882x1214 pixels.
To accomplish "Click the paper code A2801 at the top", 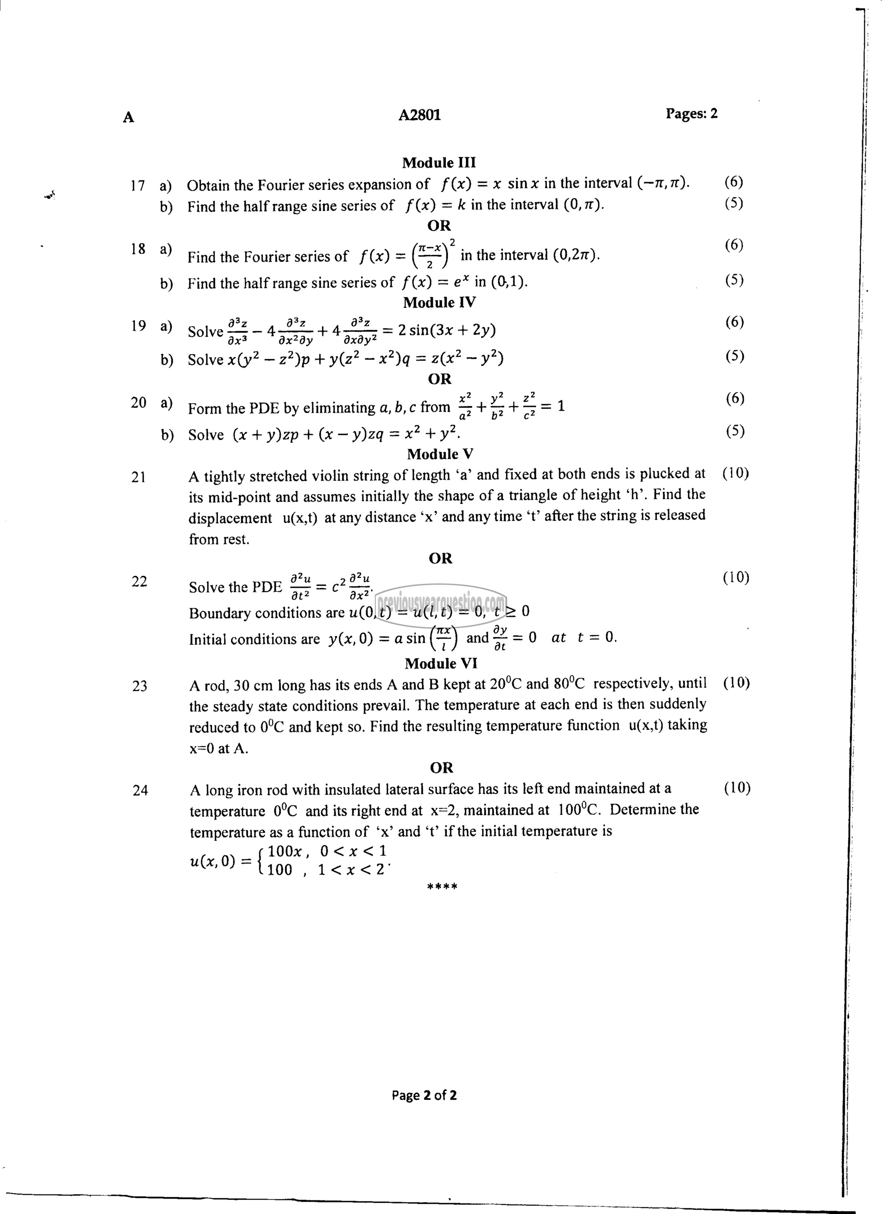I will pyautogui.click(x=419, y=115).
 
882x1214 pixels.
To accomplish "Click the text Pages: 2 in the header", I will pyautogui.click(x=691, y=113).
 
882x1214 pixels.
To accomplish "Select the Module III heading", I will pyautogui.click(x=439, y=163).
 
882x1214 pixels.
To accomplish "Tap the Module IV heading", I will pyautogui.click(x=439, y=303).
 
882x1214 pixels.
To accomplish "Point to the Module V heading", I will pyautogui.click(x=440, y=455).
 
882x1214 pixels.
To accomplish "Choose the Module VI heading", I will pyautogui.click(x=441, y=664).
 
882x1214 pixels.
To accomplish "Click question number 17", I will pyautogui.click(x=138, y=186).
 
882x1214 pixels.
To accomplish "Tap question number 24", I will pyautogui.click(x=140, y=790).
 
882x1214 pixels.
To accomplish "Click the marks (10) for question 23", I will pyautogui.click(x=736, y=683).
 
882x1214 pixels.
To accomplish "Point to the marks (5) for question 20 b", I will pyautogui.click(x=735, y=431).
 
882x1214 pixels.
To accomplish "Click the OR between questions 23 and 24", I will pyautogui.click(x=441, y=768).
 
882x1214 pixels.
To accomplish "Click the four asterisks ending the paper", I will pyautogui.click(x=442, y=887).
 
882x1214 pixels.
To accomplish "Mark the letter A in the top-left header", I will pyautogui.click(x=128, y=117).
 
